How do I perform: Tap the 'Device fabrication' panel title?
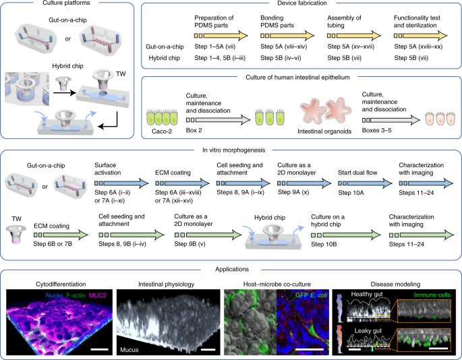299,5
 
